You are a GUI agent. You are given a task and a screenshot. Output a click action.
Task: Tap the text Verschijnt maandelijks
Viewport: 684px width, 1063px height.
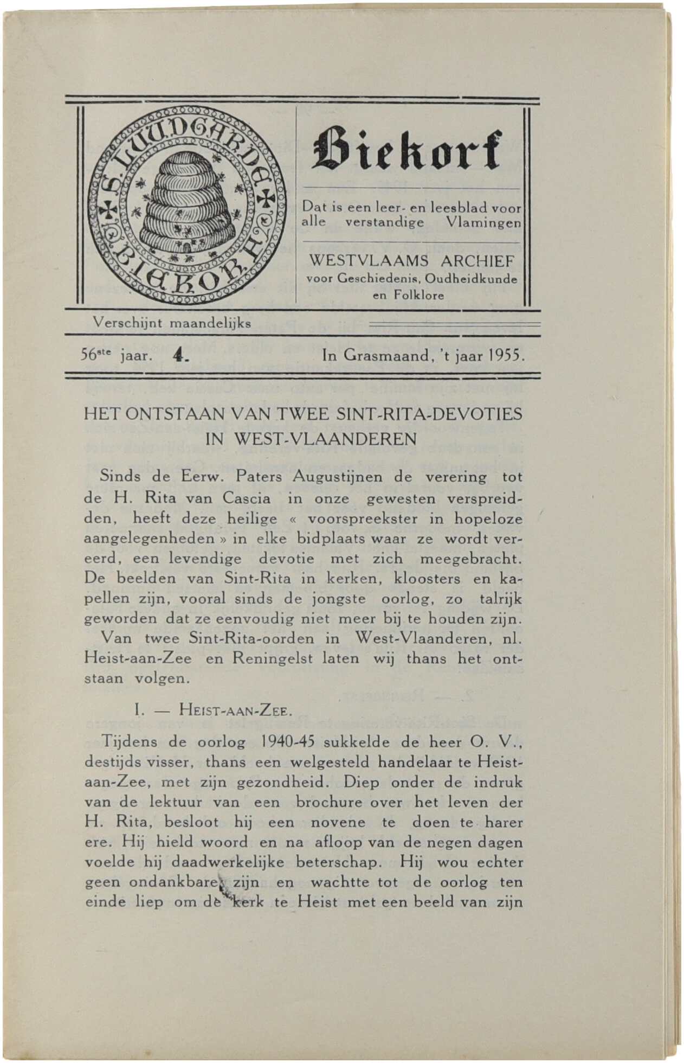tap(171, 323)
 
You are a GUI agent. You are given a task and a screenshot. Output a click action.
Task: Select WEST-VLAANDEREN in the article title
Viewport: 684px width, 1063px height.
tap(325, 439)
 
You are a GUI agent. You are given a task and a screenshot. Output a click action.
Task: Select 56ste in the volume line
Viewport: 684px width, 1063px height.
tap(96, 356)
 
